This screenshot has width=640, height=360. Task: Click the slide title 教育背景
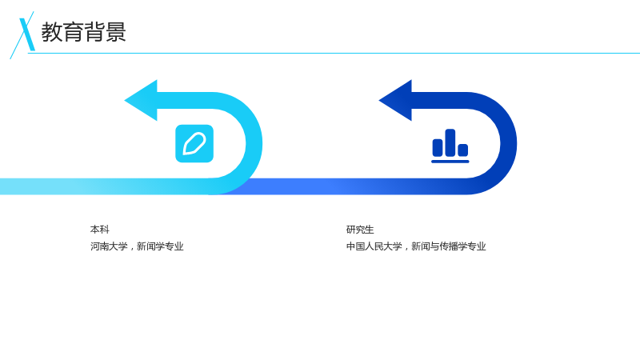click(84, 32)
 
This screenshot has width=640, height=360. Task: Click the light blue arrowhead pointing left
click(141, 101)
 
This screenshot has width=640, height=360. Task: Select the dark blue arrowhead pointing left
click(395, 101)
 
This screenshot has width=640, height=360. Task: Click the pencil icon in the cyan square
click(194, 144)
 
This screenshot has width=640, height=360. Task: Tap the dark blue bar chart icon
click(450, 146)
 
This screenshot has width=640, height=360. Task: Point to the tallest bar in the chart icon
click(450, 143)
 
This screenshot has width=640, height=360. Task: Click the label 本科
click(99, 230)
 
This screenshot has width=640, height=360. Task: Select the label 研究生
click(360, 230)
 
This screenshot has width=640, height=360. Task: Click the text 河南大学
click(109, 246)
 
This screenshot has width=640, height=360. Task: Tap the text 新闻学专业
click(160, 246)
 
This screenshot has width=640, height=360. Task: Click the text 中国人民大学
click(374, 246)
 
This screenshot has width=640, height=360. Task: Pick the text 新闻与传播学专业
click(449, 246)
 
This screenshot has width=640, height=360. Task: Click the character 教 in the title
click(52, 32)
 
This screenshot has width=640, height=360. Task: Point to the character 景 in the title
click(115, 32)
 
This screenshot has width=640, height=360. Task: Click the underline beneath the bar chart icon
click(450, 162)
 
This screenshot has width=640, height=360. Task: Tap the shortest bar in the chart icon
click(463, 150)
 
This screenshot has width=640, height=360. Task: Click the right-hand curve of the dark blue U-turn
click(509, 143)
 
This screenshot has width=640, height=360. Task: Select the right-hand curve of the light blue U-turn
click(254, 143)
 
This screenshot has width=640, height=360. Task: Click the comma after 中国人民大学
click(406, 248)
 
